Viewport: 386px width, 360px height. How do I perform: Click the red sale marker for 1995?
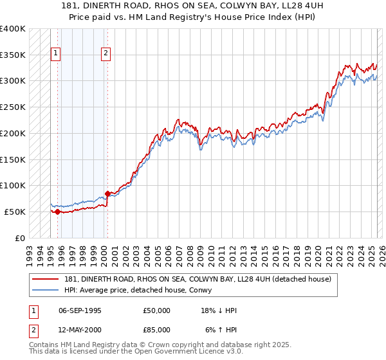point(57,212)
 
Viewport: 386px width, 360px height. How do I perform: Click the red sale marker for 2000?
point(107,193)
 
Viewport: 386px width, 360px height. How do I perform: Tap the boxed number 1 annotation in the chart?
point(56,53)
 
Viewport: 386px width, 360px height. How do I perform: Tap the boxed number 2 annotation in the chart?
point(106,53)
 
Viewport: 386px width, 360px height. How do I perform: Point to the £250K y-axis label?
point(13,107)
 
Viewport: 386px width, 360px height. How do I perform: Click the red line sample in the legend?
point(44,279)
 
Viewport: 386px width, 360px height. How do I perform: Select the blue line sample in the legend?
point(44,291)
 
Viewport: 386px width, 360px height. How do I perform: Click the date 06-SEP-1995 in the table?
point(80,310)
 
